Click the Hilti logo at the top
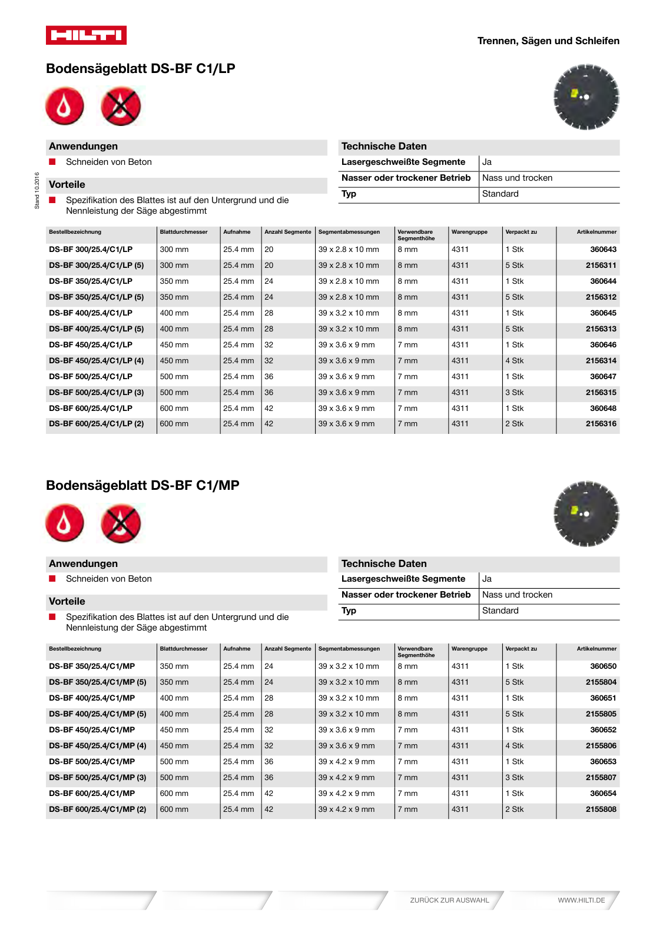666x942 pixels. [x=86, y=35]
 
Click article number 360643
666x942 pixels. [x=603, y=250]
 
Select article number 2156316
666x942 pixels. [x=601, y=424]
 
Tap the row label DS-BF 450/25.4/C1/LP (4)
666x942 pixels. [x=96, y=361]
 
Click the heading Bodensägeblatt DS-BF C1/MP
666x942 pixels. [x=143, y=486]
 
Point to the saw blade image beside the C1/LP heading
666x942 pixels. [x=586, y=97]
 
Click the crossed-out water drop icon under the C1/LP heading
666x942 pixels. [x=121, y=107]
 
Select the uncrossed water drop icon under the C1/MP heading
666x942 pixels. [x=65, y=523]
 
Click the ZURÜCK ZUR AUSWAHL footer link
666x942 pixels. [x=449, y=900]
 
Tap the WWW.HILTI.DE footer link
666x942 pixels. [x=581, y=900]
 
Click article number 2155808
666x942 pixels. [x=601, y=810]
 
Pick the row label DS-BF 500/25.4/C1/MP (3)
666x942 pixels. [x=97, y=778]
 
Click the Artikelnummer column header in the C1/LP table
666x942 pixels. [x=597, y=232]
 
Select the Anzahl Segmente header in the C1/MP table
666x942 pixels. [x=287, y=649]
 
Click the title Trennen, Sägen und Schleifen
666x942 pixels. [x=548, y=41]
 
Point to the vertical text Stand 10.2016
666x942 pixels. [x=37, y=190]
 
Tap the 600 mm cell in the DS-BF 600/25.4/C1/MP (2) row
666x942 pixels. [x=174, y=810]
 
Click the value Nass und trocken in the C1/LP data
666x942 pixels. [x=517, y=178]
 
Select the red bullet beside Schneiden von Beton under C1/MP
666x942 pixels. [x=52, y=579]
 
